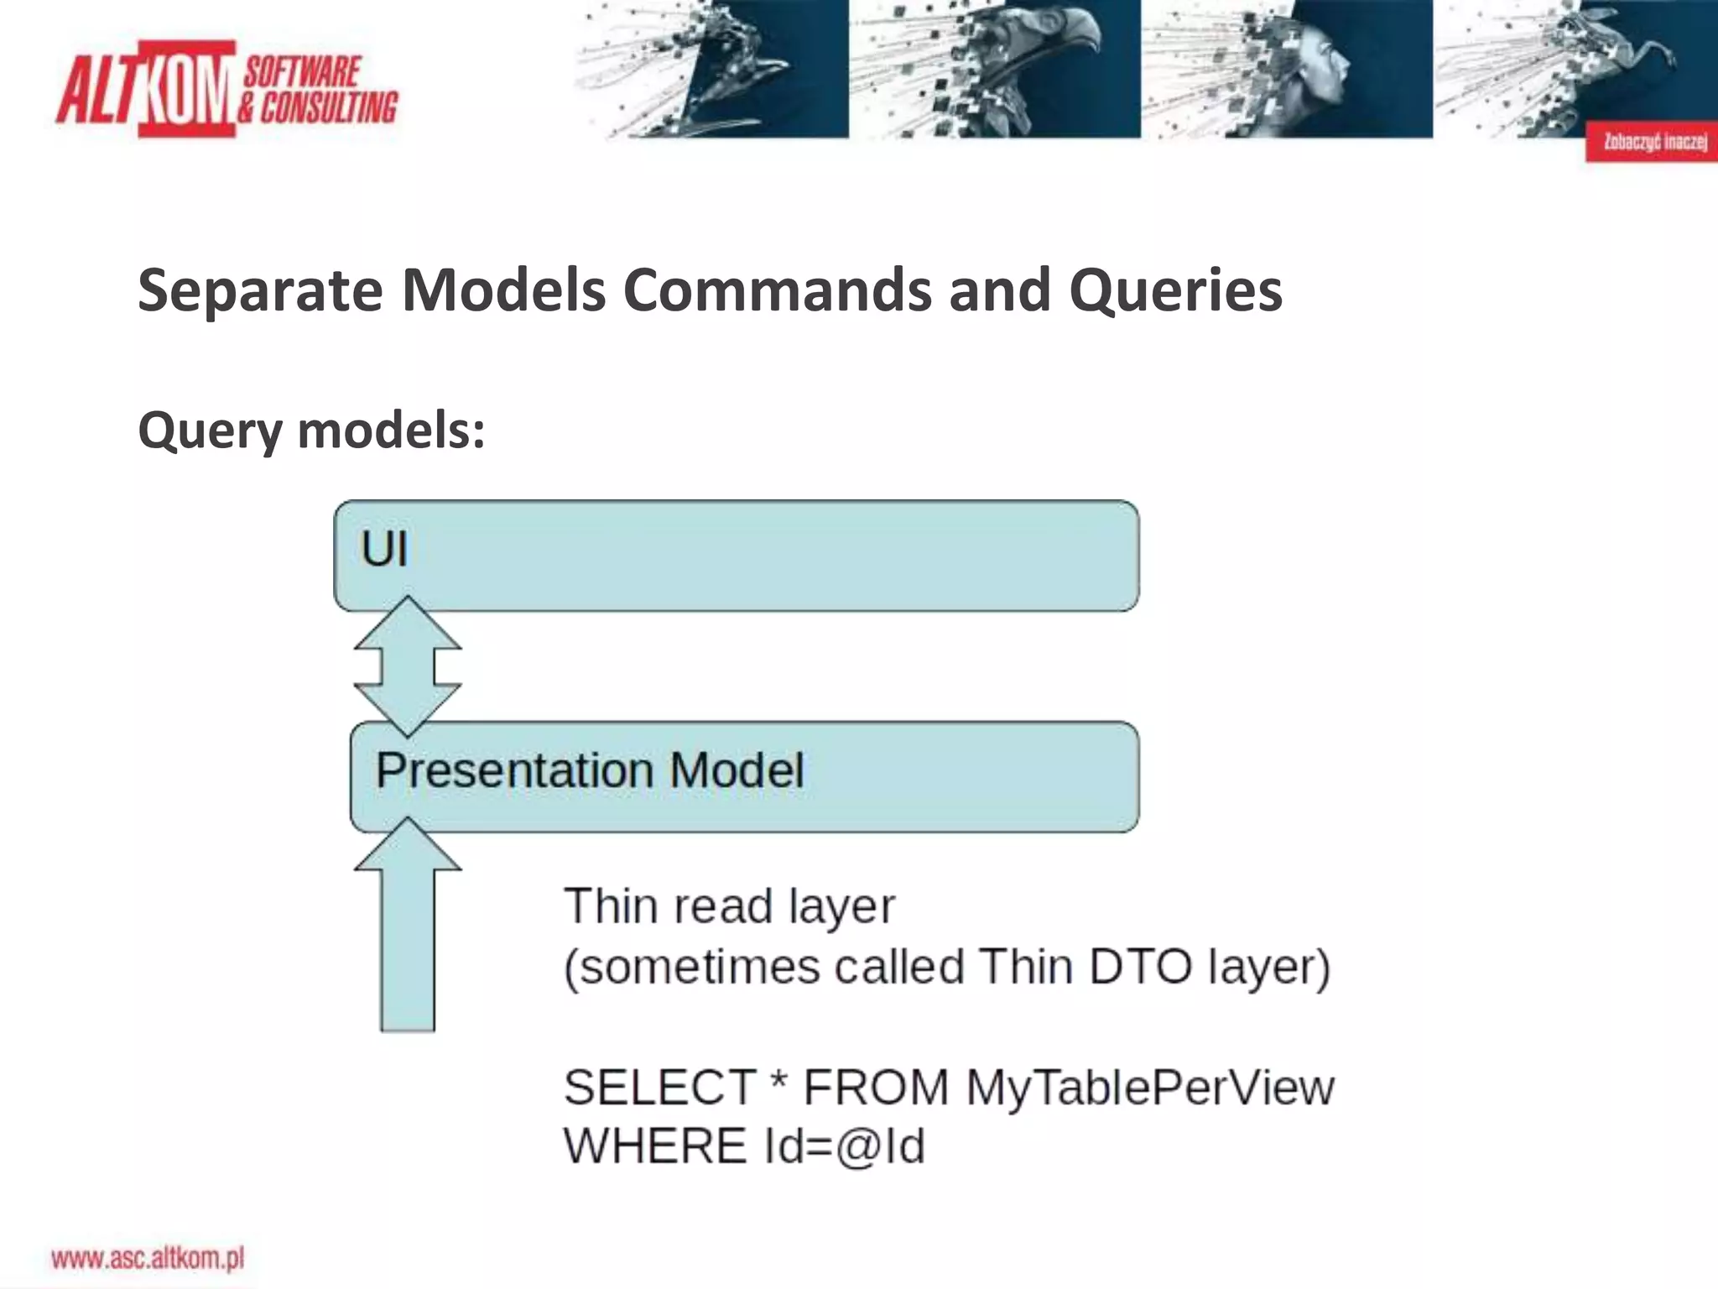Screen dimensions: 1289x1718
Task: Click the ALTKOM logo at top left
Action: [x=226, y=89]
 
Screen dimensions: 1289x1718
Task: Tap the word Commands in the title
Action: [x=777, y=290]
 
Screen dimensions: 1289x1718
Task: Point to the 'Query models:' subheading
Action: [x=311, y=431]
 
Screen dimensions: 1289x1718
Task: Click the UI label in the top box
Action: [x=384, y=550]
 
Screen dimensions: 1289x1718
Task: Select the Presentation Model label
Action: [x=590, y=770]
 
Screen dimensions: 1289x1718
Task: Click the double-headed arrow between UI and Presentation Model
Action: [x=408, y=666]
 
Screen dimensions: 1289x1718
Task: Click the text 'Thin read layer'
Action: [x=729, y=907]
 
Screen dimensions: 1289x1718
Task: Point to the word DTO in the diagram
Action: [x=1140, y=967]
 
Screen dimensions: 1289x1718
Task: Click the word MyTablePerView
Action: [x=1149, y=1088]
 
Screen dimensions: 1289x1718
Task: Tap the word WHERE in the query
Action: [x=655, y=1146]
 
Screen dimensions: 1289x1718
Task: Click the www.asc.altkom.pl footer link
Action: [x=148, y=1259]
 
